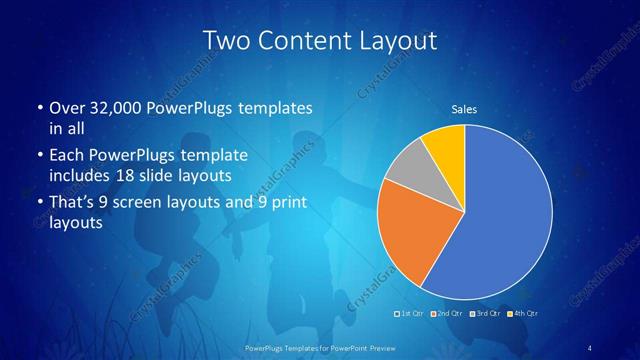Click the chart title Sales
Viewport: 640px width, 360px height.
pos(464,109)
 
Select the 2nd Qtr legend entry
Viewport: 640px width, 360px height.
pos(446,314)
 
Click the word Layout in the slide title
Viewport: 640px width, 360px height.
pos(400,41)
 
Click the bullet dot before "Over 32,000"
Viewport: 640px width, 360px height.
pos(39,107)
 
